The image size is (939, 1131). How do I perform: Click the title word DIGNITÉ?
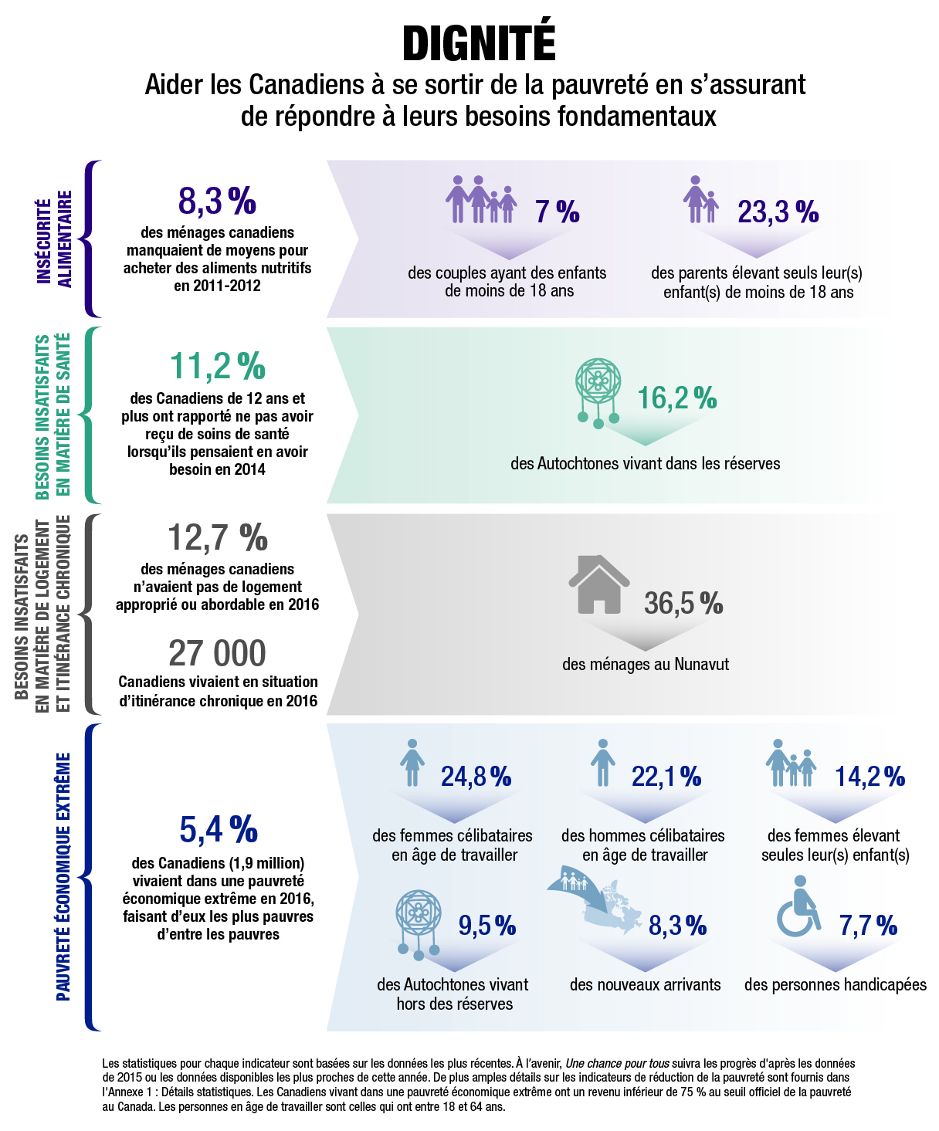[x=479, y=43]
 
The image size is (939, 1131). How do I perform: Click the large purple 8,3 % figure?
[x=217, y=201]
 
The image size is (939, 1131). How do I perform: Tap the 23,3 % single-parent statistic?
[x=778, y=212]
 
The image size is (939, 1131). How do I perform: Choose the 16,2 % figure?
[x=677, y=398]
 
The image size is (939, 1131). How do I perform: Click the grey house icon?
[x=598, y=584]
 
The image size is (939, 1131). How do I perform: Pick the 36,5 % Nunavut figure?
[x=683, y=603]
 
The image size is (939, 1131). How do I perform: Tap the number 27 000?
[x=217, y=654]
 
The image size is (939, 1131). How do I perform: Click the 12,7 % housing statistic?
[x=217, y=537]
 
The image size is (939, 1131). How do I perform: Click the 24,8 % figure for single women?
[x=476, y=777]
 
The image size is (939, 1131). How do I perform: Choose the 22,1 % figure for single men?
[x=666, y=777]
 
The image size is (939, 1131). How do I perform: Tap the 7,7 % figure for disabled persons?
[x=868, y=925]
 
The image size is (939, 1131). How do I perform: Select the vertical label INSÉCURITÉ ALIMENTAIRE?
[x=55, y=239]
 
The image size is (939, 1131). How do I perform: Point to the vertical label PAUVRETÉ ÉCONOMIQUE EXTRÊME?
[x=63, y=876]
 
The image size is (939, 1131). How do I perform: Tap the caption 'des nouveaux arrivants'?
[x=645, y=985]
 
